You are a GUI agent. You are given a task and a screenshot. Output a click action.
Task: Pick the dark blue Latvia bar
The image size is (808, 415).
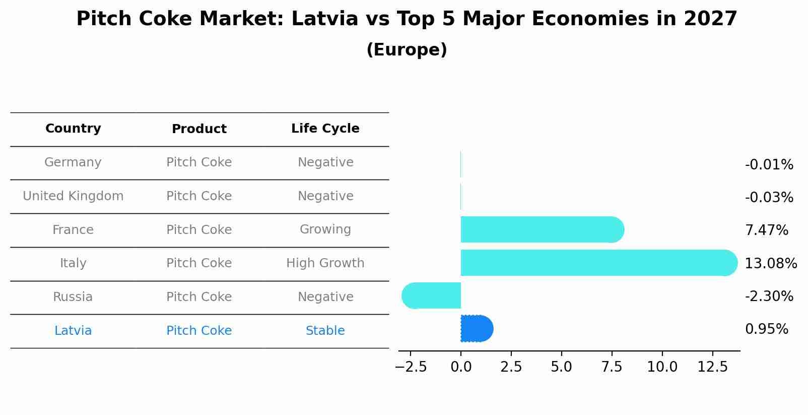tap(476, 329)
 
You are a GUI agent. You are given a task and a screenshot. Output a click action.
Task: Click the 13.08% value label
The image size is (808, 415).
tap(770, 263)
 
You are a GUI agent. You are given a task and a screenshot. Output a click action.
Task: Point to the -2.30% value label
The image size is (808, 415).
tap(769, 296)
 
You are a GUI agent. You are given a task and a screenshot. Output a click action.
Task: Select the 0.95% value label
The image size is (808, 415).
tap(766, 329)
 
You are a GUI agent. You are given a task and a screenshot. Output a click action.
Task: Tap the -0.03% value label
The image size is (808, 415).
tap(769, 197)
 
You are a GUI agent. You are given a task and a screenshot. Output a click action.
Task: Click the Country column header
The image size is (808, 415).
tap(73, 129)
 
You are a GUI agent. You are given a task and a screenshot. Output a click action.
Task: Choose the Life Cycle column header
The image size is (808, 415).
tap(325, 129)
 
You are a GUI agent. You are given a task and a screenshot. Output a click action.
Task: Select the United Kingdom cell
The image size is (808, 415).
tap(73, 196)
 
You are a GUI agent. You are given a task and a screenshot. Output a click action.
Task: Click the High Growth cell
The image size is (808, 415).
tap(325, 263)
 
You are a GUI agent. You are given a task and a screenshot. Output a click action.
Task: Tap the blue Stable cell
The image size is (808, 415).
tap(325, 331)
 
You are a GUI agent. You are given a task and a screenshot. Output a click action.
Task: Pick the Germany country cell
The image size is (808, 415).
tap(73, 162)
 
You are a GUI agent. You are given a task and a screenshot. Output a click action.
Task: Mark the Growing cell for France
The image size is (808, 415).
tap(325, 229)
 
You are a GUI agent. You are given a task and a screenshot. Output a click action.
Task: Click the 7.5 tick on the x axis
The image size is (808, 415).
tap(612, 367)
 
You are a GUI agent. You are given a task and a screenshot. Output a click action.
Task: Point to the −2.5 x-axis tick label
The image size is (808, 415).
tap(411, 367)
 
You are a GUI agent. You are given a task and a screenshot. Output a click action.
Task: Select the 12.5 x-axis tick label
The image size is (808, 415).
tap(712, 367)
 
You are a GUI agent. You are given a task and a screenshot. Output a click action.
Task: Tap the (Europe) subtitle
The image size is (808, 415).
tap(407, 50)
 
